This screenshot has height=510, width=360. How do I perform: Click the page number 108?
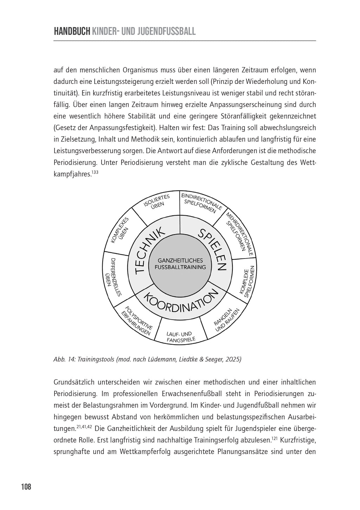[x=26, y=487]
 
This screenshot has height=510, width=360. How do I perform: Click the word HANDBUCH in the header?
[x=72, y=32]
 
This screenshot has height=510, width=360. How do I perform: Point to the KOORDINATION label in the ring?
[x=180, y=302]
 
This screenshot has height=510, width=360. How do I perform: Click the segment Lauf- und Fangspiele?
[x=180, y=337]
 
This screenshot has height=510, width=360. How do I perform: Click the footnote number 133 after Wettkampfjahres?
[x=96, y=172]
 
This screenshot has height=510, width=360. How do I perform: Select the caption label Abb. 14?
[x=64, y=359]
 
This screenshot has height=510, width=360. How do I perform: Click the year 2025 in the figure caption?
[x=234, y=359]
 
